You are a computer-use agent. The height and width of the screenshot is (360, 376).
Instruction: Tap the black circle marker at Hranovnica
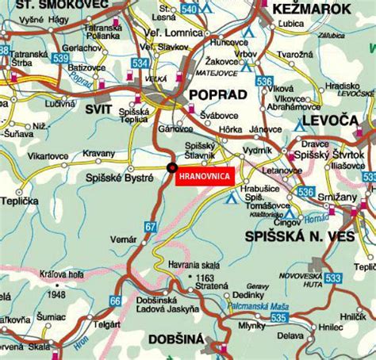click(x=171, y=167)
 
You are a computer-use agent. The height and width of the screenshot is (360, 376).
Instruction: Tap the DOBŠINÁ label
click(x=174, y=342)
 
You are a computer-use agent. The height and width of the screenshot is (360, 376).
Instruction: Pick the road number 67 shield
click(x=151, y=228)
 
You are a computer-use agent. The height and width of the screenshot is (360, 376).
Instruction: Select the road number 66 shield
click(x=116, y=301)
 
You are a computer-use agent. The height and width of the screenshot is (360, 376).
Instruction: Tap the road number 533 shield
click(x=355, y=277)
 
